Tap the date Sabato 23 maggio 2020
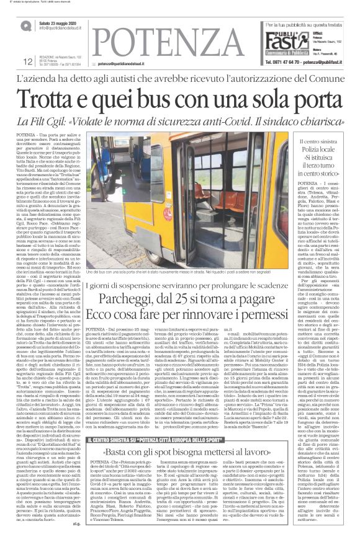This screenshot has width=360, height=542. pyautogui.click(x=56, y=22)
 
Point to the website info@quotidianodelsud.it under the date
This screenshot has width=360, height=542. pyautogui.click(x=60, y=29)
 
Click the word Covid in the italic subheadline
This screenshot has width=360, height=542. pyautogui.click(x=220, y=120)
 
